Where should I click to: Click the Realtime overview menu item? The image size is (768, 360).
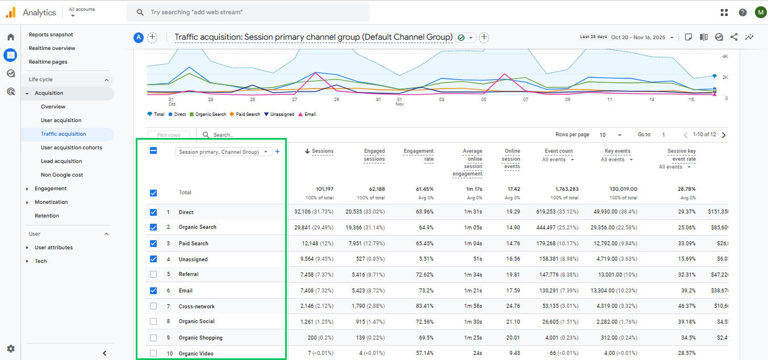(x=52, y=48)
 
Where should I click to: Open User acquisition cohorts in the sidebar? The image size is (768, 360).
(x=72, y=148)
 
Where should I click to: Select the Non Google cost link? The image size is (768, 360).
(x=62, y=175)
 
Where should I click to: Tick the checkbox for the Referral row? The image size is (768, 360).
(x=153, y=274)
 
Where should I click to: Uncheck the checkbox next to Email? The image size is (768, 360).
(x=153, y=291)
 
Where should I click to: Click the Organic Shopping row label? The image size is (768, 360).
(x=201, y=338)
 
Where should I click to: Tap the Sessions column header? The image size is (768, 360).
(x=322, y=151)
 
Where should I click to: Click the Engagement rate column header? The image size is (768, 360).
(x=419, y=155)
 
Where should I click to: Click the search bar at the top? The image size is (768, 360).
(x=248, y=12)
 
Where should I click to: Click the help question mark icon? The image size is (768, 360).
(x=742, y=12)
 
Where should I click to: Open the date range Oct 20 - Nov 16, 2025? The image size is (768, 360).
(x=642, y=37)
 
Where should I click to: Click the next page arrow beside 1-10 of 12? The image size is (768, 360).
(x=723, y=135)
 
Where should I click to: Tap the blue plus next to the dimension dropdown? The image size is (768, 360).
(x=277, y=152)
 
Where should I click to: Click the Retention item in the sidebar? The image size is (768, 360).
(x=47, y=216)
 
